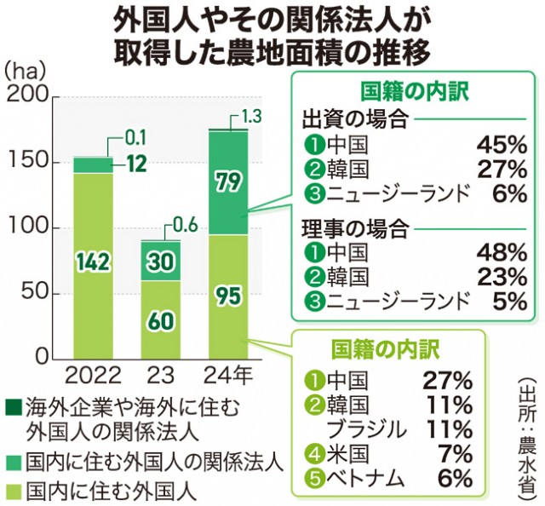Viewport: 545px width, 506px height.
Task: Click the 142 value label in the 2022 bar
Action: pos(93,262)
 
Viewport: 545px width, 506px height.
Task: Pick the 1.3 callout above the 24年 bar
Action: pos(251,115)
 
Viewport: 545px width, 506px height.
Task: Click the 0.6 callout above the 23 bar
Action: pos(184,226)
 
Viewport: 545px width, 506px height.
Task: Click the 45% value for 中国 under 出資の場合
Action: pos(502,143)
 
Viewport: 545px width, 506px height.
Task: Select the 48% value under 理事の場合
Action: pos(502,251)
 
